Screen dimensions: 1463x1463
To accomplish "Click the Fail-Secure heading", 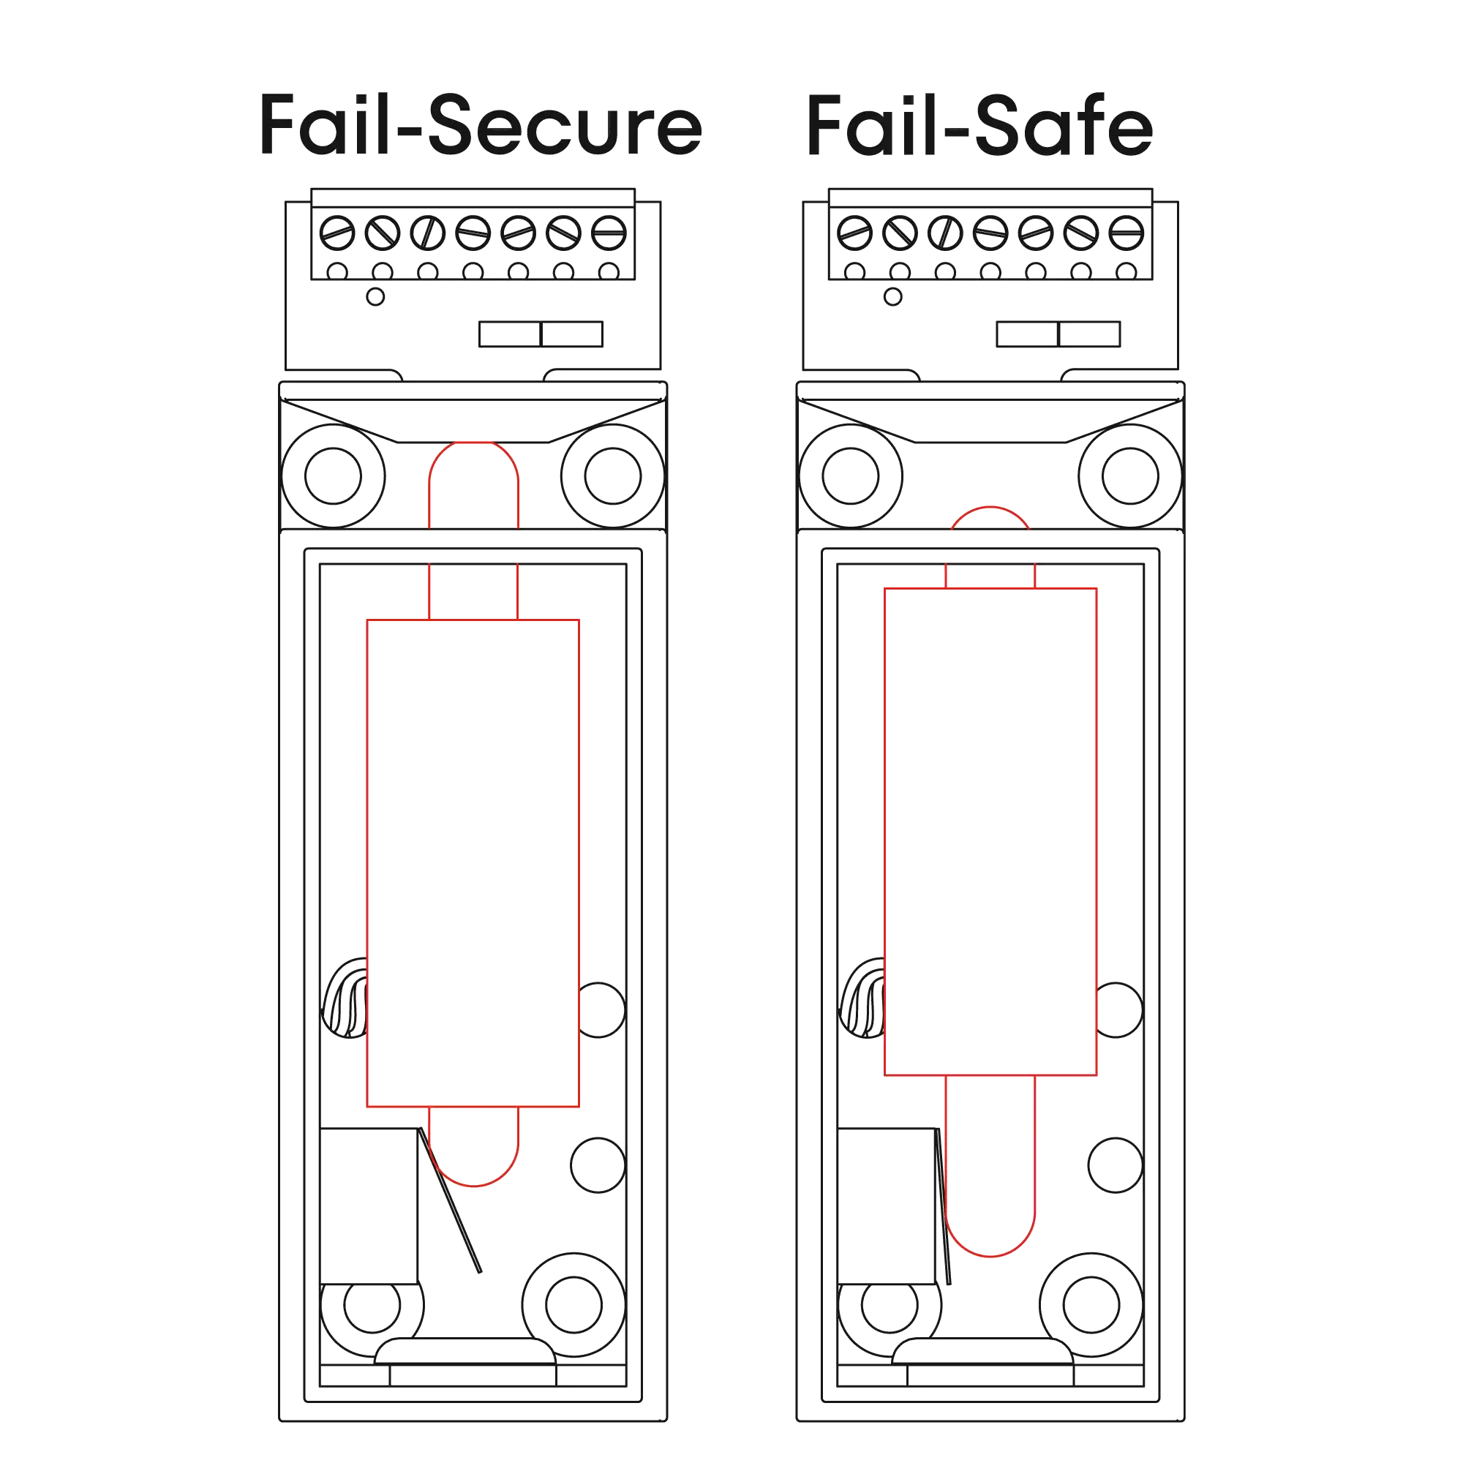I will [479, 126].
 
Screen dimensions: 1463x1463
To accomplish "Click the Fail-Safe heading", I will [979, 126].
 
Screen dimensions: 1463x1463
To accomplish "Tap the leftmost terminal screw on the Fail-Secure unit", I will [337, 233].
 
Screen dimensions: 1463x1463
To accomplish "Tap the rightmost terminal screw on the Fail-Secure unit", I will [609, 233].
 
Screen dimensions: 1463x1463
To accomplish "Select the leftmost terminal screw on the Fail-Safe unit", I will [854, 233].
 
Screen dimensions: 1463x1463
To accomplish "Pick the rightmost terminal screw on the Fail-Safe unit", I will [1126, 233].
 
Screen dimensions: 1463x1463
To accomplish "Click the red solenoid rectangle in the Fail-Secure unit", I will [473, 863].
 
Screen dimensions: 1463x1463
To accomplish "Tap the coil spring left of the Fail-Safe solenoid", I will [863, 999].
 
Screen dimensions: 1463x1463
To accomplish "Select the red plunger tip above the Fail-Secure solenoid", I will [474, 485].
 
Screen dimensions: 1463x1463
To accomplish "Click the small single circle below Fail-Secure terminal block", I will [375, 297].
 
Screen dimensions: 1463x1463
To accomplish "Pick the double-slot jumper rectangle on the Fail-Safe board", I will [1058, 334].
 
